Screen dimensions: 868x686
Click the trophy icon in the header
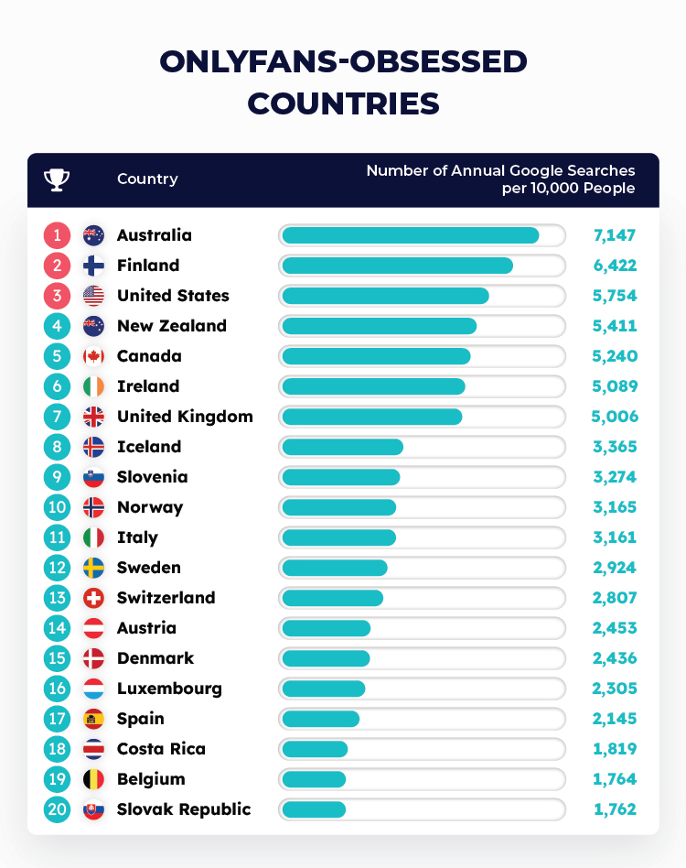click(57, 179)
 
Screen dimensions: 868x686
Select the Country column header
click(147, 179)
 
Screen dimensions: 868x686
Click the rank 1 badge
click(57, 235)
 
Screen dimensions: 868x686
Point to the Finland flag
click(93, 266)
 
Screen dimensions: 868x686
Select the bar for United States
click(385, 296)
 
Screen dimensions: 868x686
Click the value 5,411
click(614, 326)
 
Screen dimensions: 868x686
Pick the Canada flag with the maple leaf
click(93, 356)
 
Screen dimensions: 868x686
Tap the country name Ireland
click(148, 386)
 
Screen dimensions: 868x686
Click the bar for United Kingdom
click(371, 417)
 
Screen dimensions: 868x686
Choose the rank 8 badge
click(57, 447)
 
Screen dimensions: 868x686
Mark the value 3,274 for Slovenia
click(614, 477)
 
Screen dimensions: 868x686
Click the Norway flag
click(93, 507)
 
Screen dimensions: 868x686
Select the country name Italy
click(137, 537)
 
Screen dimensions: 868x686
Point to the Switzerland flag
click(93, 598)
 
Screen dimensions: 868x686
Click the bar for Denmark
click(326, 658)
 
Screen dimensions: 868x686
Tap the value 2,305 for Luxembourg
click(614, 689)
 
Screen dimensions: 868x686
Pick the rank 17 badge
click(57, 719)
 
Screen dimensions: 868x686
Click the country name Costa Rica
click(161, 749)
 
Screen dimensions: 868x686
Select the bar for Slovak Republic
click(314, 809)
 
